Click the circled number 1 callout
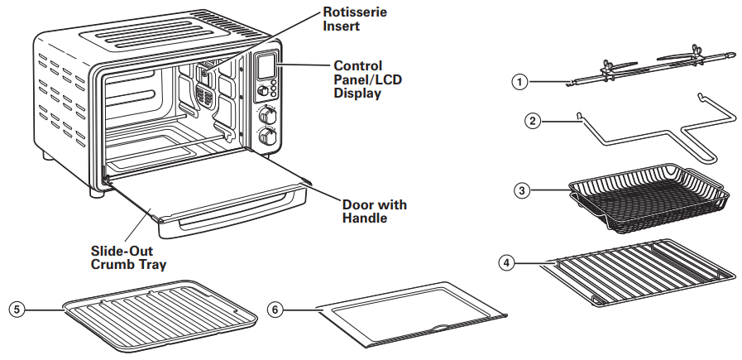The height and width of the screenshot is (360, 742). click(520, 82)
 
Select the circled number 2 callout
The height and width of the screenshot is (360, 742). click(533, 122)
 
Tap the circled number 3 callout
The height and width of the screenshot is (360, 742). click(522, 191)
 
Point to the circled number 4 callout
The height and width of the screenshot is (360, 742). click(507, 263)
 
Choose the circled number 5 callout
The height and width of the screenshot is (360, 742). click(17, 310)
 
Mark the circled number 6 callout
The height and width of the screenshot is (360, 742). click(275, 310)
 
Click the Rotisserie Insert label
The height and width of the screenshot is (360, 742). click(355, 19)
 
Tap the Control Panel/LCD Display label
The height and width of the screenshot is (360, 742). click(367, 79)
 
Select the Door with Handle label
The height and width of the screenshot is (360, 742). click(375, 211)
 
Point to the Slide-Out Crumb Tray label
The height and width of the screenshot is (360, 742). click(128, 257)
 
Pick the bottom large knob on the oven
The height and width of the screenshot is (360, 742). click(267, 137)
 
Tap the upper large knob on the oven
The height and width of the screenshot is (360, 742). click(268, 116)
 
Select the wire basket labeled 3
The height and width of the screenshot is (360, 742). click(649, 197)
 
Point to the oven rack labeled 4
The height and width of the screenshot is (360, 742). click(639, 272)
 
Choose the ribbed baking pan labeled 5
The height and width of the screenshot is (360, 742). click(160, 314)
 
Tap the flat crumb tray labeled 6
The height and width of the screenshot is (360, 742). click(413, 314)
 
